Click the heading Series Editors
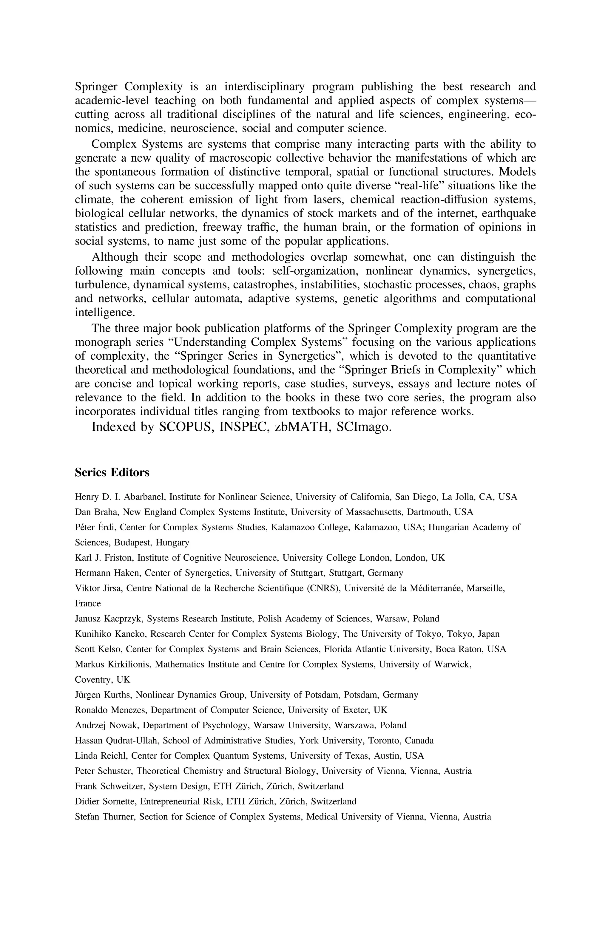[112, 472]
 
